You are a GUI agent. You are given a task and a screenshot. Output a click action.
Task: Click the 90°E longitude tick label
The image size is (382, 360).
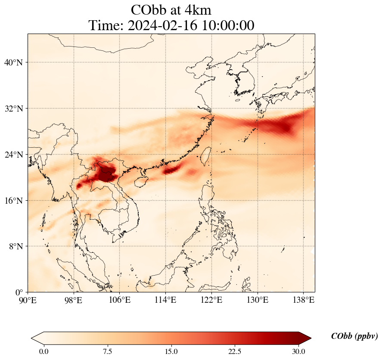pos(28,299)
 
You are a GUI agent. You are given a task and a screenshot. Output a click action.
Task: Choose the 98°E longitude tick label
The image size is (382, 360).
pos(74,299)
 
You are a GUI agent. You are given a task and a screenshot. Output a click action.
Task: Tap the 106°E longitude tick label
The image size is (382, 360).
pos(120,299)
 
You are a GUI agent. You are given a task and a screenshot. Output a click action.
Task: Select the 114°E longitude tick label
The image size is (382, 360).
pos(166,299)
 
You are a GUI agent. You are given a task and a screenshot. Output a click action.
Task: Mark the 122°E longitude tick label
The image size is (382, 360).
pos(211,299)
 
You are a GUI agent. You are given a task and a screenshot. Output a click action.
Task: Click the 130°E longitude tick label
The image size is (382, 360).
pos(258,299)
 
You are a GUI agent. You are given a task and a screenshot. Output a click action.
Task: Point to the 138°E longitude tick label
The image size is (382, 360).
pos(303,299)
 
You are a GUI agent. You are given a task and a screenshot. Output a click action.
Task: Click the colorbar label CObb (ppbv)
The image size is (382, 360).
pos(354,336)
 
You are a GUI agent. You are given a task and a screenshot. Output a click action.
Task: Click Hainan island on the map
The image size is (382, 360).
pos(142,181)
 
